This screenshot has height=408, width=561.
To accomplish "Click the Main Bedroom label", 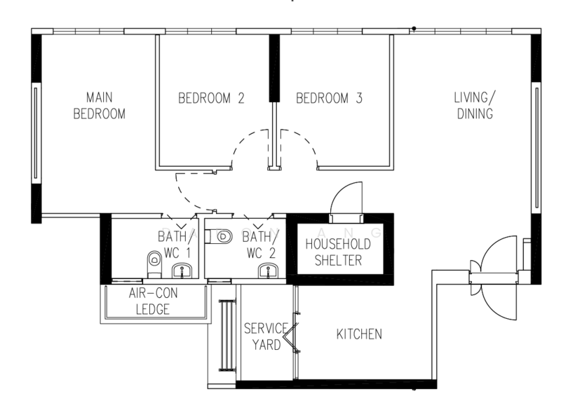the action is [x=100, y=105].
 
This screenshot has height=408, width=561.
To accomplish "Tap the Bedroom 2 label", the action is [x=211, y=98].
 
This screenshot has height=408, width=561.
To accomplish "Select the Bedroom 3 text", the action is [x=329, y=98].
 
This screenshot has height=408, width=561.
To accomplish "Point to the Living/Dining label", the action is [x=475, y=105].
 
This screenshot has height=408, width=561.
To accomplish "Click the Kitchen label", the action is [x=359, y=334].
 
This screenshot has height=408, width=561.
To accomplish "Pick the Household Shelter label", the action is [x=338, y=252].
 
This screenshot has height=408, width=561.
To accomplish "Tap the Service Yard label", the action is [x=266, y=336].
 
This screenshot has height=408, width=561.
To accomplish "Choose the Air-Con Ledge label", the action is [x=153, y=301].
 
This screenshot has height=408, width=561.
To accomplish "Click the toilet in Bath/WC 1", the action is [x=154, y=264].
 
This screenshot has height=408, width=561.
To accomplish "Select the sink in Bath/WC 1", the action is [x=182, y=271].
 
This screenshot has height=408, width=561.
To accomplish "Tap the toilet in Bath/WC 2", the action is [x=219, y=237].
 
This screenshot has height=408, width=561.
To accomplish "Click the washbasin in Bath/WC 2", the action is [x=269, y=271].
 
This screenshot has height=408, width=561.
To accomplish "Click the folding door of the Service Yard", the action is [x=292, y=333].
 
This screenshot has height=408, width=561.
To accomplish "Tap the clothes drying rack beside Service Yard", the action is [x=227, y=335].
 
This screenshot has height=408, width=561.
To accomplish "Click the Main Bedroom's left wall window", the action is [x=36, y=133].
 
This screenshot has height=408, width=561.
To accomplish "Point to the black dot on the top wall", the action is [x=414, y=28].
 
